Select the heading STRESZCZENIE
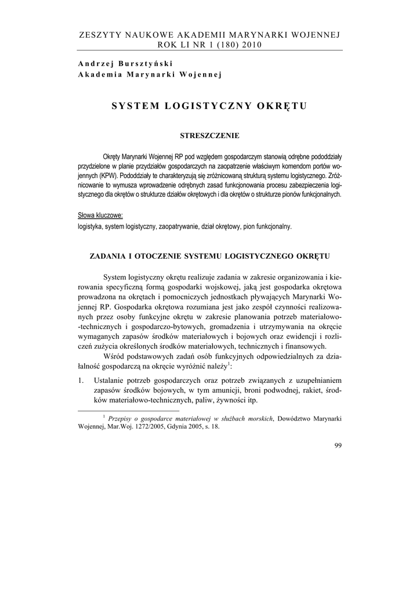pyautogui.click(x=210, y=136)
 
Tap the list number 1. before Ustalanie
pyautogui.click(x=82, y=380)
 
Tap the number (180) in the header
pyautogui.click(x=218, y=46)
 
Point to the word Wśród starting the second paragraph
pyautogui.click(x=116, y=356)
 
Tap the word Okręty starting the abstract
pyautogui.click(x=114, y=156)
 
